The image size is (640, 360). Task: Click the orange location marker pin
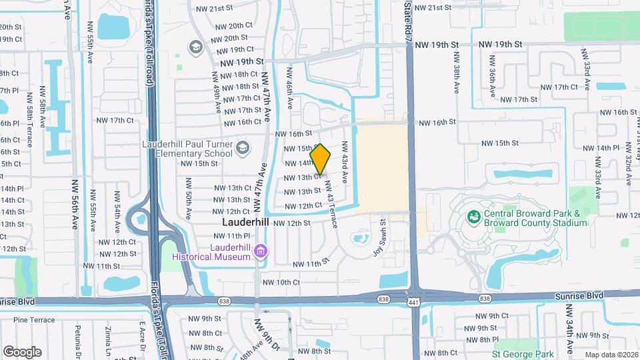(x=321, y=159)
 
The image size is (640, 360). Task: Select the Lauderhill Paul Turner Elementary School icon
(x=243, y=147)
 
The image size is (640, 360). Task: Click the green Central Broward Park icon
(x=473, y=217)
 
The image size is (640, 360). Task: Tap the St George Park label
(x=523, y=354)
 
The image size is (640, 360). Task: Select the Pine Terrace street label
(x=33, y=320)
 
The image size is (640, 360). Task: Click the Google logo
(x=22, y=352)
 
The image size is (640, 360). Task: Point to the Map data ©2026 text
(x=602, y=355)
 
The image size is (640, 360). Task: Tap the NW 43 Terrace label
(x=331, y=204)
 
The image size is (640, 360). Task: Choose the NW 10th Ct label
(x=281, y=282)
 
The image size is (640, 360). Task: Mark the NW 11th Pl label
(x=229, y=236)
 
